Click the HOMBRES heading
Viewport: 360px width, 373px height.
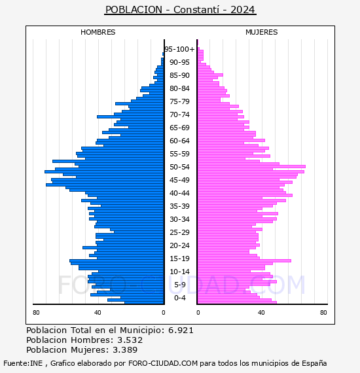pos(98,32)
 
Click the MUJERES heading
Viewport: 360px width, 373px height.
pos(262,32)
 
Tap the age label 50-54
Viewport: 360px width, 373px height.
pos(179,167)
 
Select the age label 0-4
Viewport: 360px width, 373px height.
pos(179,298)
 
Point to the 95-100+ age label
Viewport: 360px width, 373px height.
pos(179,49)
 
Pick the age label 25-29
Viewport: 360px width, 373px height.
pos(179,232)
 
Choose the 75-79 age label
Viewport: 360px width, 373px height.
pos(179,101)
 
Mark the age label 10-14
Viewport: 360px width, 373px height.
pos(179,272)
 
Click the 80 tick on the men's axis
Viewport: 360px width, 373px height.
pos(36,313)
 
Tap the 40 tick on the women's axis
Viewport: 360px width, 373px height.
pos(261,313)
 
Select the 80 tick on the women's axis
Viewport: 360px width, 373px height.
pos(323,313)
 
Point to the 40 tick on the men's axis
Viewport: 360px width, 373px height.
pos(98,313)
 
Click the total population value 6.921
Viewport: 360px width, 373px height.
pos(181,330)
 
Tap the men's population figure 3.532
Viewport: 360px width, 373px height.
pos(130,340)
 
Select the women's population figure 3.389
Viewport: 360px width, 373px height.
pos(125,349)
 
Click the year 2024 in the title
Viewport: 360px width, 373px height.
pos(243,10)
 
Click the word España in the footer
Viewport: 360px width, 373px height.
pos(314,363)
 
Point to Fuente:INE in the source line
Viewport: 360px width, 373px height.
pos(23,363)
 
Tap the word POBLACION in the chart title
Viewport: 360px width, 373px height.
pos(134,10)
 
